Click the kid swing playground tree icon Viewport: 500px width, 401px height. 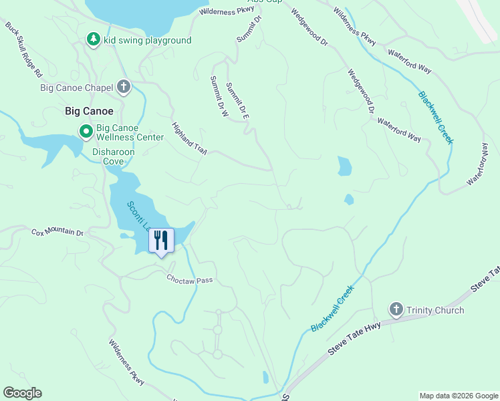point(94,40)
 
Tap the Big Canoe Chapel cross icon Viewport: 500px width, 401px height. point(124,86)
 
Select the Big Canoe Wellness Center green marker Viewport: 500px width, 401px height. point(86,132)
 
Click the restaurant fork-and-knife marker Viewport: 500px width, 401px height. point(160,240)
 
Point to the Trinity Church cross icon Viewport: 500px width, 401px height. point(396,309)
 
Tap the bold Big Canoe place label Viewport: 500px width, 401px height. point(89,111)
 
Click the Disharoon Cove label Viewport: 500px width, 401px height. point(113,152)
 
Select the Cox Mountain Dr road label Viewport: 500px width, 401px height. point(57,233)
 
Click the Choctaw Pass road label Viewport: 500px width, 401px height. point(189,279)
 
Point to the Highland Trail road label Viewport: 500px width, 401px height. point(189,139)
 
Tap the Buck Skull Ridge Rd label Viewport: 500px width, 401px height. point(24,49)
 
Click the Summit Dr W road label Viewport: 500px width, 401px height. point(219,97)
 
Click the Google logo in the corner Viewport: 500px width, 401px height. point(22,393)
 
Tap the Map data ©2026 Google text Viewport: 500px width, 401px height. point(458,396)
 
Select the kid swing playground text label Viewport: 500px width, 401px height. point(148,41)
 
